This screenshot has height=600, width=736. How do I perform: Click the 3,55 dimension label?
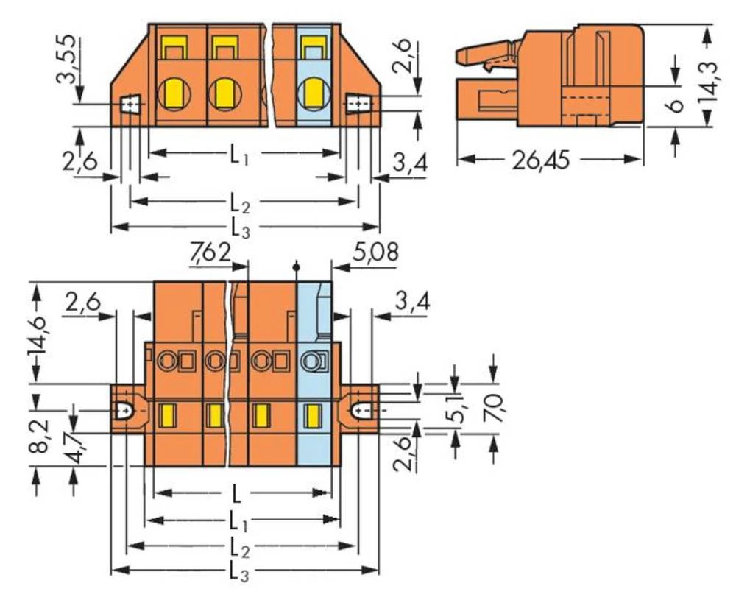tap(66, 63)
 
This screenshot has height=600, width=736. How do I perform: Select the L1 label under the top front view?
tap(236, 154)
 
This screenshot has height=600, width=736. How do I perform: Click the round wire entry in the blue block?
tap(314, 93)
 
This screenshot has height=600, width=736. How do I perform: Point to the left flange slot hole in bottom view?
tap(125, 408)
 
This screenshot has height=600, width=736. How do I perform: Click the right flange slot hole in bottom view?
tap(361, 408)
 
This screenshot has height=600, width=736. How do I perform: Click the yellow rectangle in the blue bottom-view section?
tap(312, 416)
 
